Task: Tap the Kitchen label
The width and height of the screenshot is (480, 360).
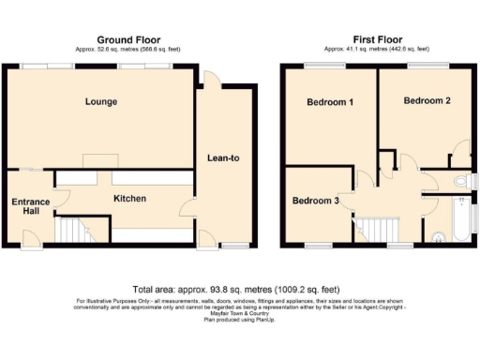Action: point(129,199)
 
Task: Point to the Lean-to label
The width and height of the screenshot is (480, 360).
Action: point(223,158)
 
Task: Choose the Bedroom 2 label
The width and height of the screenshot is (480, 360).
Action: point(427,100)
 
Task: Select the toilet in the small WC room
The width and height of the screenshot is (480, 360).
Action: point(460,181)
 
